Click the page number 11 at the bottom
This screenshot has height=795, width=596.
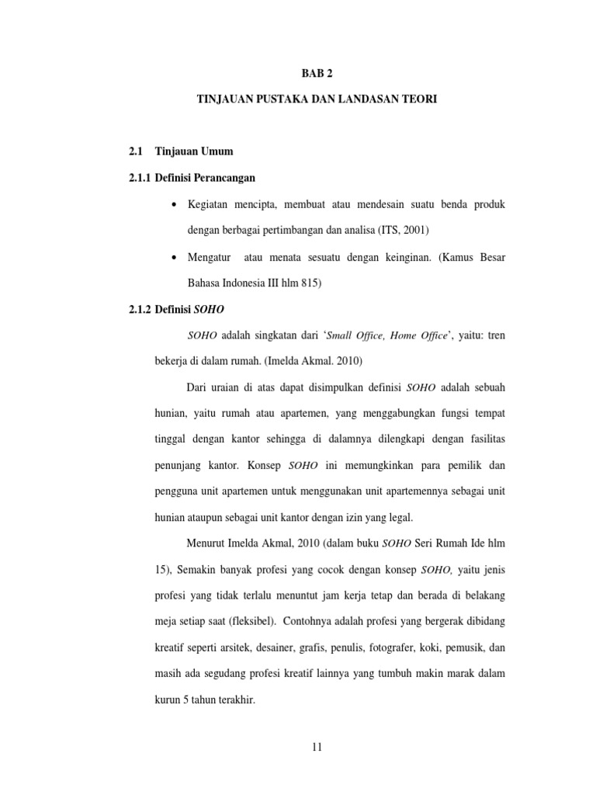[315, 747]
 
